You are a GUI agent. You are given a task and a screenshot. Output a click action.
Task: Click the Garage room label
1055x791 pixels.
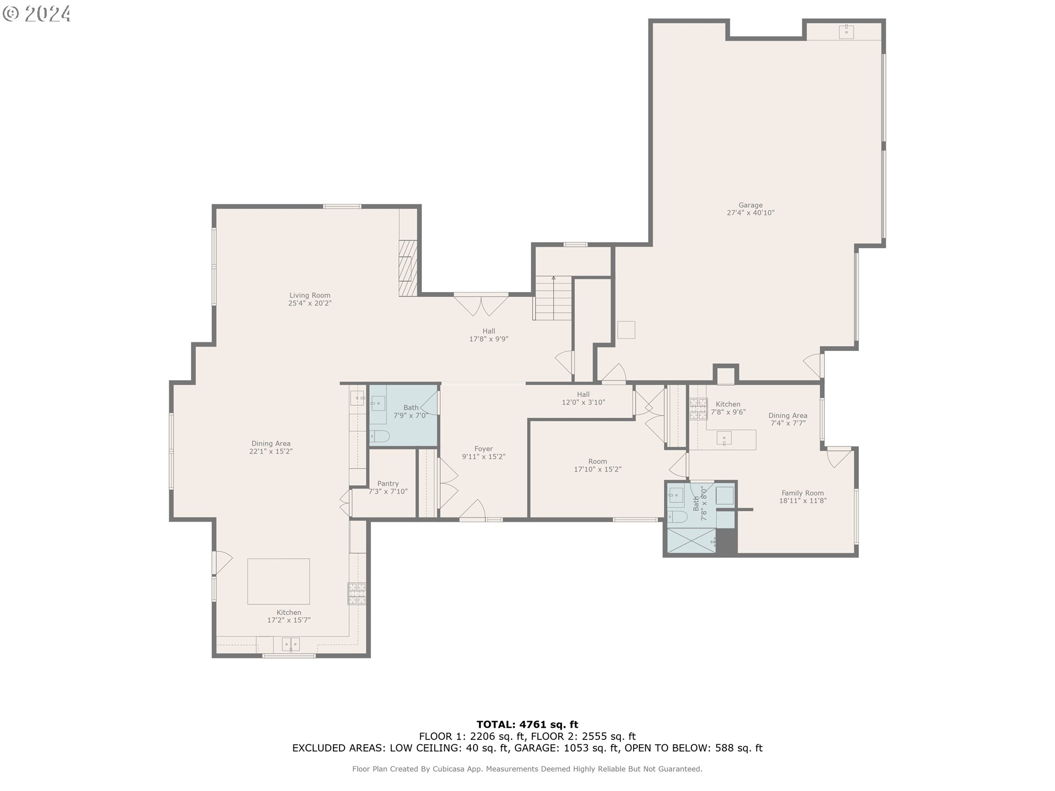click(750, 205)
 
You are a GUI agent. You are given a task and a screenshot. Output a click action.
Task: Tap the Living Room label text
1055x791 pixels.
click(310, 296)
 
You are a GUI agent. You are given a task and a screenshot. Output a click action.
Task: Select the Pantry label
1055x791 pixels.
click(388, 484)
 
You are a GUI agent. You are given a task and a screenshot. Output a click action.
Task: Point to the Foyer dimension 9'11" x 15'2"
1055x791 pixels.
click(484, 456)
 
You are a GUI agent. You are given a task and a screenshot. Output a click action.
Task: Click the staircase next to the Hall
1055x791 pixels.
click(553, 298)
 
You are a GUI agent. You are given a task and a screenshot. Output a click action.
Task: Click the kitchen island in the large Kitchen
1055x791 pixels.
click(279, 581)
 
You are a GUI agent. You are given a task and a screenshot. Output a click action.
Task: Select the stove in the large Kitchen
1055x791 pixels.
click(357, 594)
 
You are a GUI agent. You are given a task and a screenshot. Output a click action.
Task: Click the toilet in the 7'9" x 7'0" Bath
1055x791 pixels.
click(379, 437)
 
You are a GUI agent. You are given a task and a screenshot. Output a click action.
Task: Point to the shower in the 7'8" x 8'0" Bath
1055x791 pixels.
click(691, 541)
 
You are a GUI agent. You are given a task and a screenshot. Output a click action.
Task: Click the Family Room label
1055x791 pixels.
click(802, 493)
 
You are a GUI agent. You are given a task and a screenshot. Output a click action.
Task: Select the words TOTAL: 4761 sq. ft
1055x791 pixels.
click(527, 725)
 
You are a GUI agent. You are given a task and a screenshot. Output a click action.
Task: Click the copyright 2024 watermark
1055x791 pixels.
click(37, 13)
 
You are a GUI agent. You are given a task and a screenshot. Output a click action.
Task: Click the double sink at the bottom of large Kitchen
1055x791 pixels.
click(291, 644)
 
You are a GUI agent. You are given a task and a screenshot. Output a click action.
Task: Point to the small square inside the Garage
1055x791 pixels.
click(626, 330)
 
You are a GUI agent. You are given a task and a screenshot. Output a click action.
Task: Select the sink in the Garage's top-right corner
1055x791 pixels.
click(846, 31)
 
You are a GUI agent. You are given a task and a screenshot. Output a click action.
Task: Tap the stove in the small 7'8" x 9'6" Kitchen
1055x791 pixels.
click(698, 409)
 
